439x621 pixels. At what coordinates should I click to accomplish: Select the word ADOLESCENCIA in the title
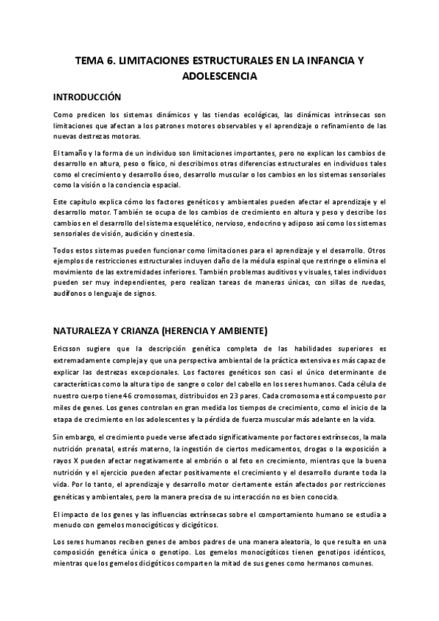pos(219,75)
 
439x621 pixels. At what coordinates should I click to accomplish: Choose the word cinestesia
pos(175,234)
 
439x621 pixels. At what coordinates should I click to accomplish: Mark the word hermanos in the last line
pos(319,562)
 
